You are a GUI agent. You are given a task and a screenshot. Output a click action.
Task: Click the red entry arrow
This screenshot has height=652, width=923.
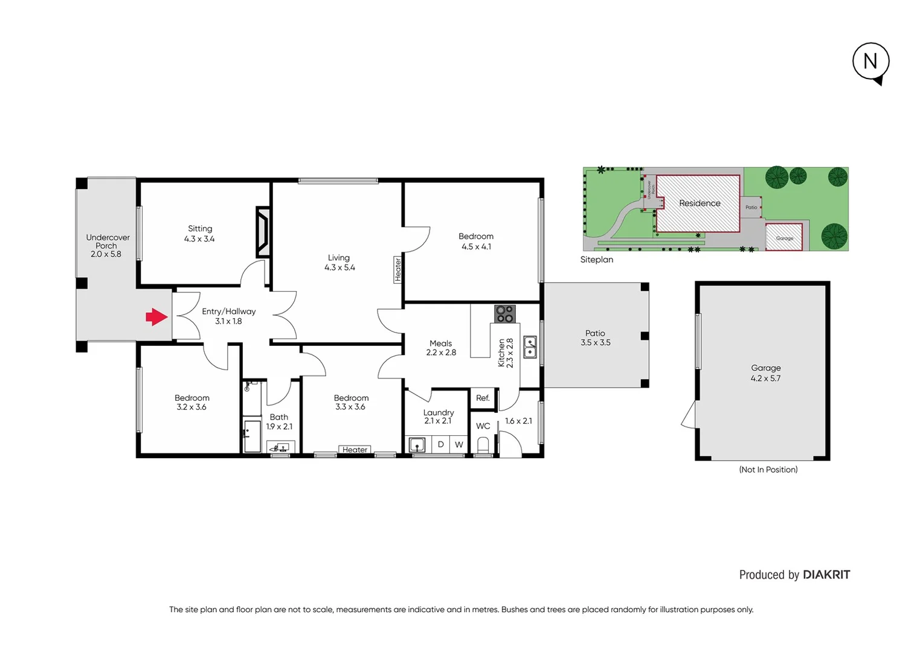(x=156, y=317)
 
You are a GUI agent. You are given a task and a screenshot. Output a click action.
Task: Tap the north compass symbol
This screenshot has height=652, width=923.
(x=870, y=62)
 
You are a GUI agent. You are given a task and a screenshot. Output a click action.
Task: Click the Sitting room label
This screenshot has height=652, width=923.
(x=200, y=229)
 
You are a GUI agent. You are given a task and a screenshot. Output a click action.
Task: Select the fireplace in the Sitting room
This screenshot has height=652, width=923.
(x=263, y=232)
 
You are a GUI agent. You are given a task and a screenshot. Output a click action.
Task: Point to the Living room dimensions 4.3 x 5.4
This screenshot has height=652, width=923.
(x=339, y=267)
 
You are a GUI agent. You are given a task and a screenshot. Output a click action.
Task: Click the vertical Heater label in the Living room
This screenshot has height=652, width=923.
(x=397, y=269)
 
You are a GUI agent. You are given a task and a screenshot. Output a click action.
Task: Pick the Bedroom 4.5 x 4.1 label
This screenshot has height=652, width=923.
(x=476, y=241)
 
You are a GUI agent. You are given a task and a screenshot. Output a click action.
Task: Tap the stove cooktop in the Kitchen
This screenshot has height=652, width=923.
(x=504, y=314)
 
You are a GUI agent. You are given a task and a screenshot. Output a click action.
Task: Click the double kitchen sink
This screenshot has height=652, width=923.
(x=530, y=347)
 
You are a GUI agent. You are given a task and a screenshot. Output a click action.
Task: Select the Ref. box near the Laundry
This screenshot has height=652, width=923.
(x=483, y=398)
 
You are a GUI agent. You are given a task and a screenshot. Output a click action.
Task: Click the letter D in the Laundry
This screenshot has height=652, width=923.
(x=441, y=445)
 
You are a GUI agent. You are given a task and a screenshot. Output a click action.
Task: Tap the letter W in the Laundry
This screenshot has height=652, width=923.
(x=459, y=445)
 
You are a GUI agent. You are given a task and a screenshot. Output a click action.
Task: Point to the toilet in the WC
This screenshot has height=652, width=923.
(x=483, y=446)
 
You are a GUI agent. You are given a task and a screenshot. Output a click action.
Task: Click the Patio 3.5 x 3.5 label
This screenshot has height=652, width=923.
(x=595, y=337)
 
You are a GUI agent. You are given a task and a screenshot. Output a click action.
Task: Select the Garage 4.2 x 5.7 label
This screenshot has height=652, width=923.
(x=765, y=373)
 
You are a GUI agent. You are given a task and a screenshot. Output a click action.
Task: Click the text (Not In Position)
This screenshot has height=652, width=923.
(x=768, y=470)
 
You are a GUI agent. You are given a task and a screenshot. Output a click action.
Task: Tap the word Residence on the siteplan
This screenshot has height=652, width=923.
(x=699, y=203)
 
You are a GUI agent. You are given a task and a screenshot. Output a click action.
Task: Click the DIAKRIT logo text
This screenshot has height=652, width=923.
(x=826, y=575)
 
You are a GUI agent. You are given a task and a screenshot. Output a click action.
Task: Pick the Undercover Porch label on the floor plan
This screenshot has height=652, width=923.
(x=107, y=241)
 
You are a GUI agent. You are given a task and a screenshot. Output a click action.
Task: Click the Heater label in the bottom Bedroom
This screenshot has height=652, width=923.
(x=355, y=450)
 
